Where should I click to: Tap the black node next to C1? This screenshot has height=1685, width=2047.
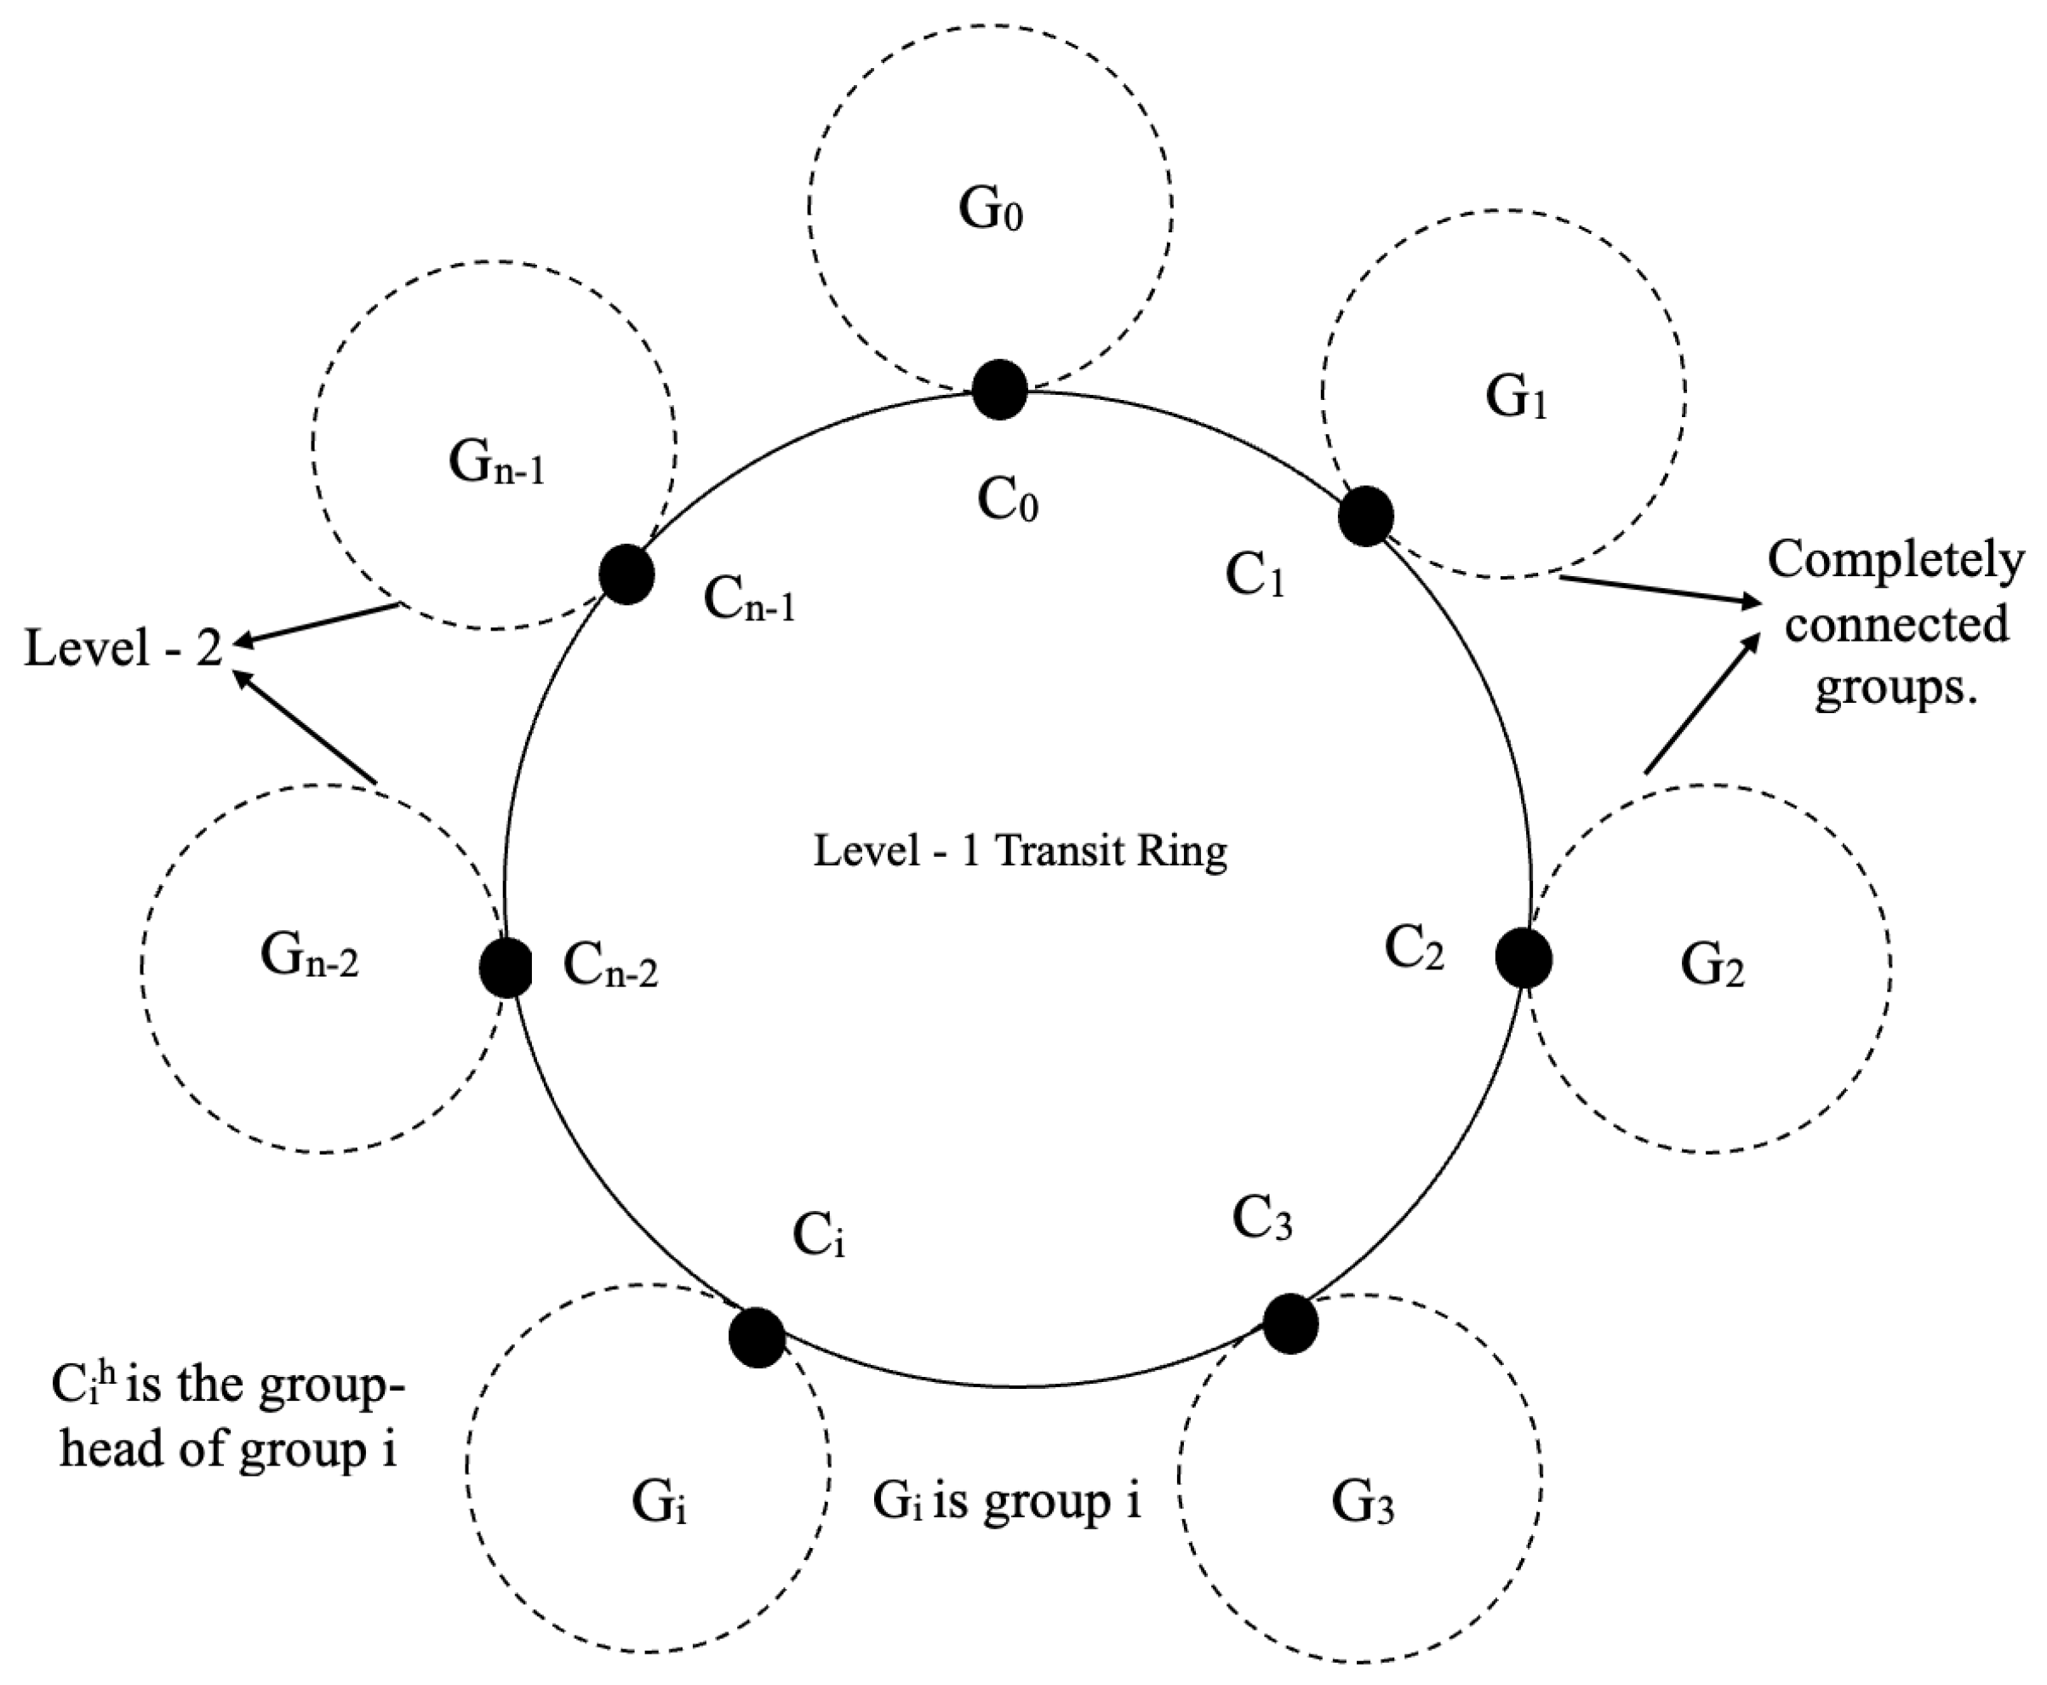click(x=1365, y=517)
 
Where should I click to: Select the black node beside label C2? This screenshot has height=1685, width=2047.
click(x=1523, y=958)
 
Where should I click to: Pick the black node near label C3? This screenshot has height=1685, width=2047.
click(x=1290, y=1323)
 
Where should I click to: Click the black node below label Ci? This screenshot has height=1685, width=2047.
click(x=757, y=1338)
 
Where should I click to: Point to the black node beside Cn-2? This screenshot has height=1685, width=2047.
click(x=506, y=968)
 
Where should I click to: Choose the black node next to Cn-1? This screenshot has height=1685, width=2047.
click(x=626, y=574)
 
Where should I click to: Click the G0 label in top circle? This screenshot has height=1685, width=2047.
click(x=990, y=209)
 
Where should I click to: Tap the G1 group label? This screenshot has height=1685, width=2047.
click(x=1515, y=398)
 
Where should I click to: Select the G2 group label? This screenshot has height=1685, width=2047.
click(x=1711, y=967)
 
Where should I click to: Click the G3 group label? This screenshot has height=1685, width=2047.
click(x=1362, y=1505)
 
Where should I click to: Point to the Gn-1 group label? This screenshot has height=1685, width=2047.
click(x=496, y=463)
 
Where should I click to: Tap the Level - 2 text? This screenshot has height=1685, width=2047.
click(x=123, y=648)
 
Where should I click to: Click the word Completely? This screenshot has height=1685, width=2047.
click(x=1895, y=560)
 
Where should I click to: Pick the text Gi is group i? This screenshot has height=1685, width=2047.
click(x=1007, y=1500)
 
